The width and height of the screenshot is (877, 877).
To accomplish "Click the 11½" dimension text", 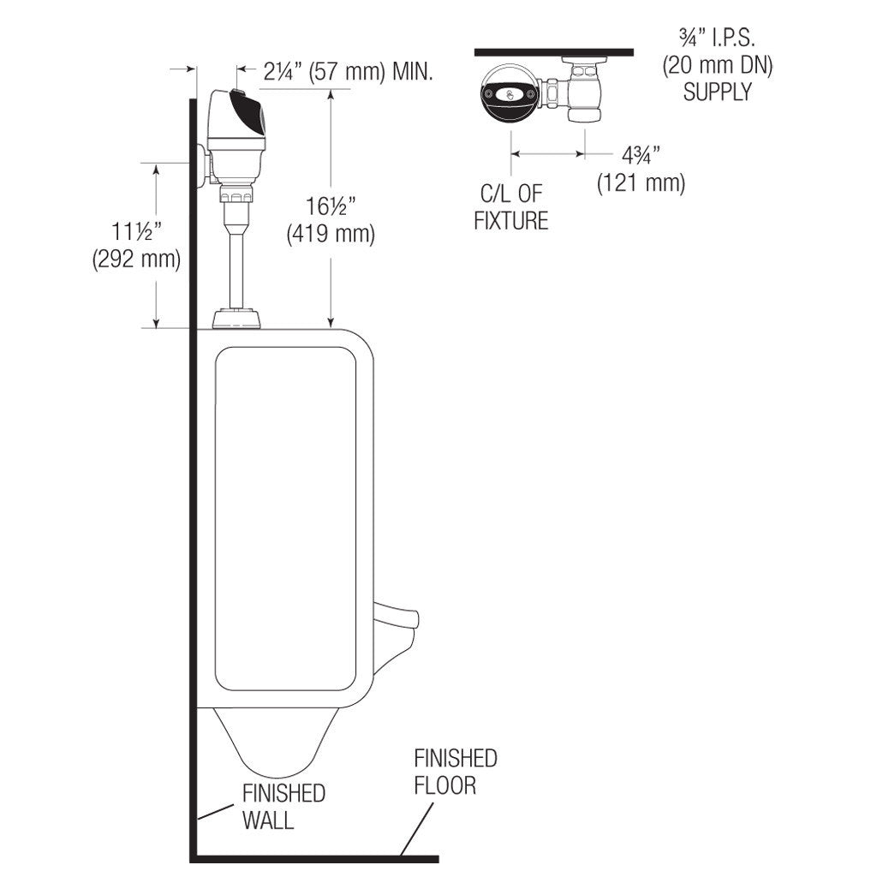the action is [136, 231].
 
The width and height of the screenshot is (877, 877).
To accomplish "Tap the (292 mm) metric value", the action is [136, 259].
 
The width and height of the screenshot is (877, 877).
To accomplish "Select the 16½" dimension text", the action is [331, 206].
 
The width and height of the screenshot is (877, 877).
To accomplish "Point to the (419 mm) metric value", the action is [331, 233].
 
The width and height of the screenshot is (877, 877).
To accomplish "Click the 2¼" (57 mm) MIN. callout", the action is [348, 72].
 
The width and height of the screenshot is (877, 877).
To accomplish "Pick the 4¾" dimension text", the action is [641, 156].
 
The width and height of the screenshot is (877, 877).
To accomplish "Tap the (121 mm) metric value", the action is [641, 183].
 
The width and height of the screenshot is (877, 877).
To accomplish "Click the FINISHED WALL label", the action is [283, 807].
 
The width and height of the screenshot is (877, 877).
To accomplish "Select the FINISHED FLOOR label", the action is [456, 772].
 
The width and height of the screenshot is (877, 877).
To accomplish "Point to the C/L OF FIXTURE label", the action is [511, 207].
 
